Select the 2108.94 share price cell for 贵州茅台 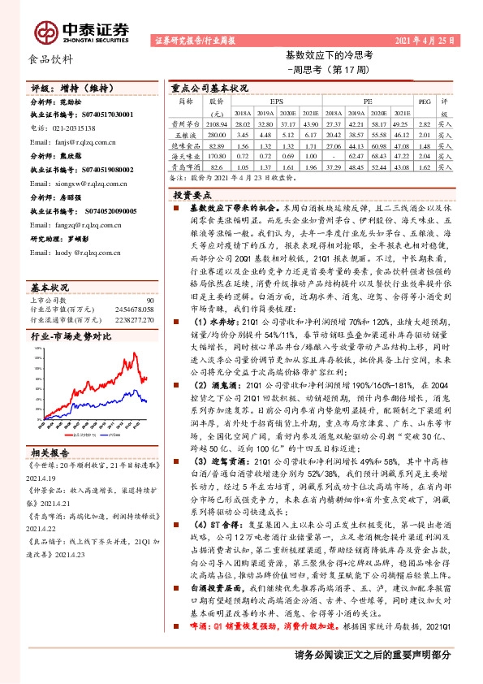point(216,123)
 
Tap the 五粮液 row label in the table point(185,133)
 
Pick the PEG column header point(422,102)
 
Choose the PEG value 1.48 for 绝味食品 point(422,144)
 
